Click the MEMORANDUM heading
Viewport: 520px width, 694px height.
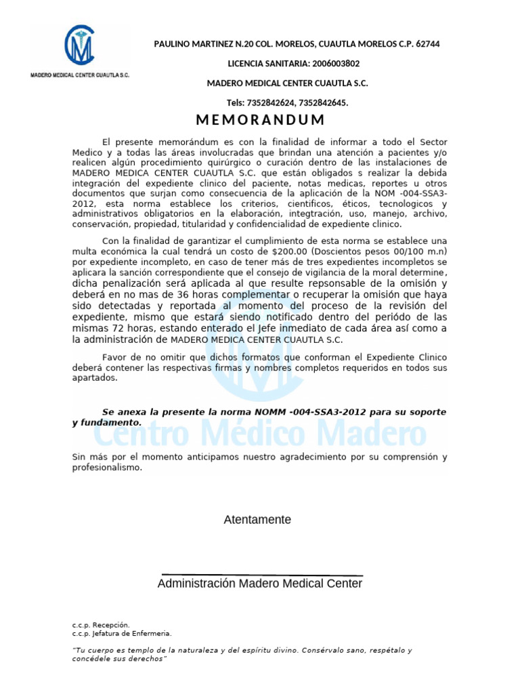point(260,121)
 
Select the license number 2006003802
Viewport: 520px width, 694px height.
point(335,64)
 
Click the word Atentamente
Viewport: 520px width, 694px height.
point(257,520)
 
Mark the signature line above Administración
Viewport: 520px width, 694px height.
point(260,575)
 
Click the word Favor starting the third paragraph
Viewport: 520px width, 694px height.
point(115,356)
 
